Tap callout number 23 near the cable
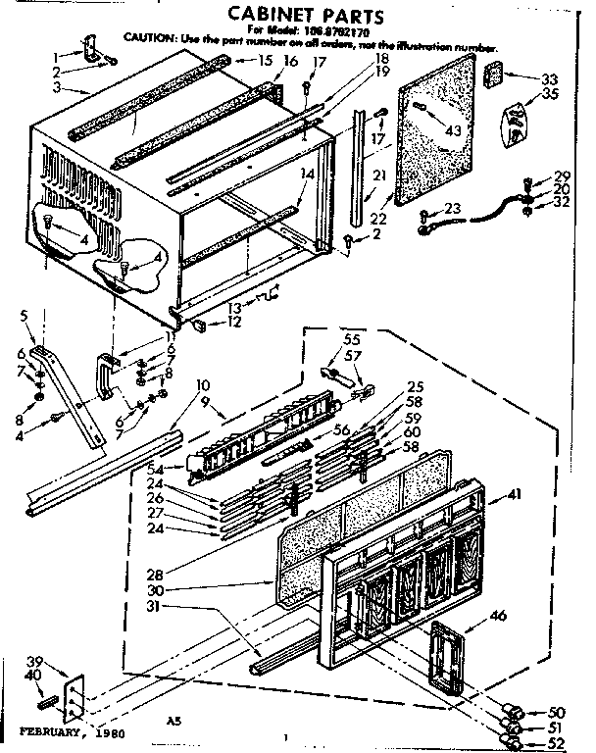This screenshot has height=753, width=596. [451, 208]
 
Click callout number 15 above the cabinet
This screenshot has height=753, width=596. [265, 61]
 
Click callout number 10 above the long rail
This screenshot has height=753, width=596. [204, 383]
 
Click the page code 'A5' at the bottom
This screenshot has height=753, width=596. [173, 721]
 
